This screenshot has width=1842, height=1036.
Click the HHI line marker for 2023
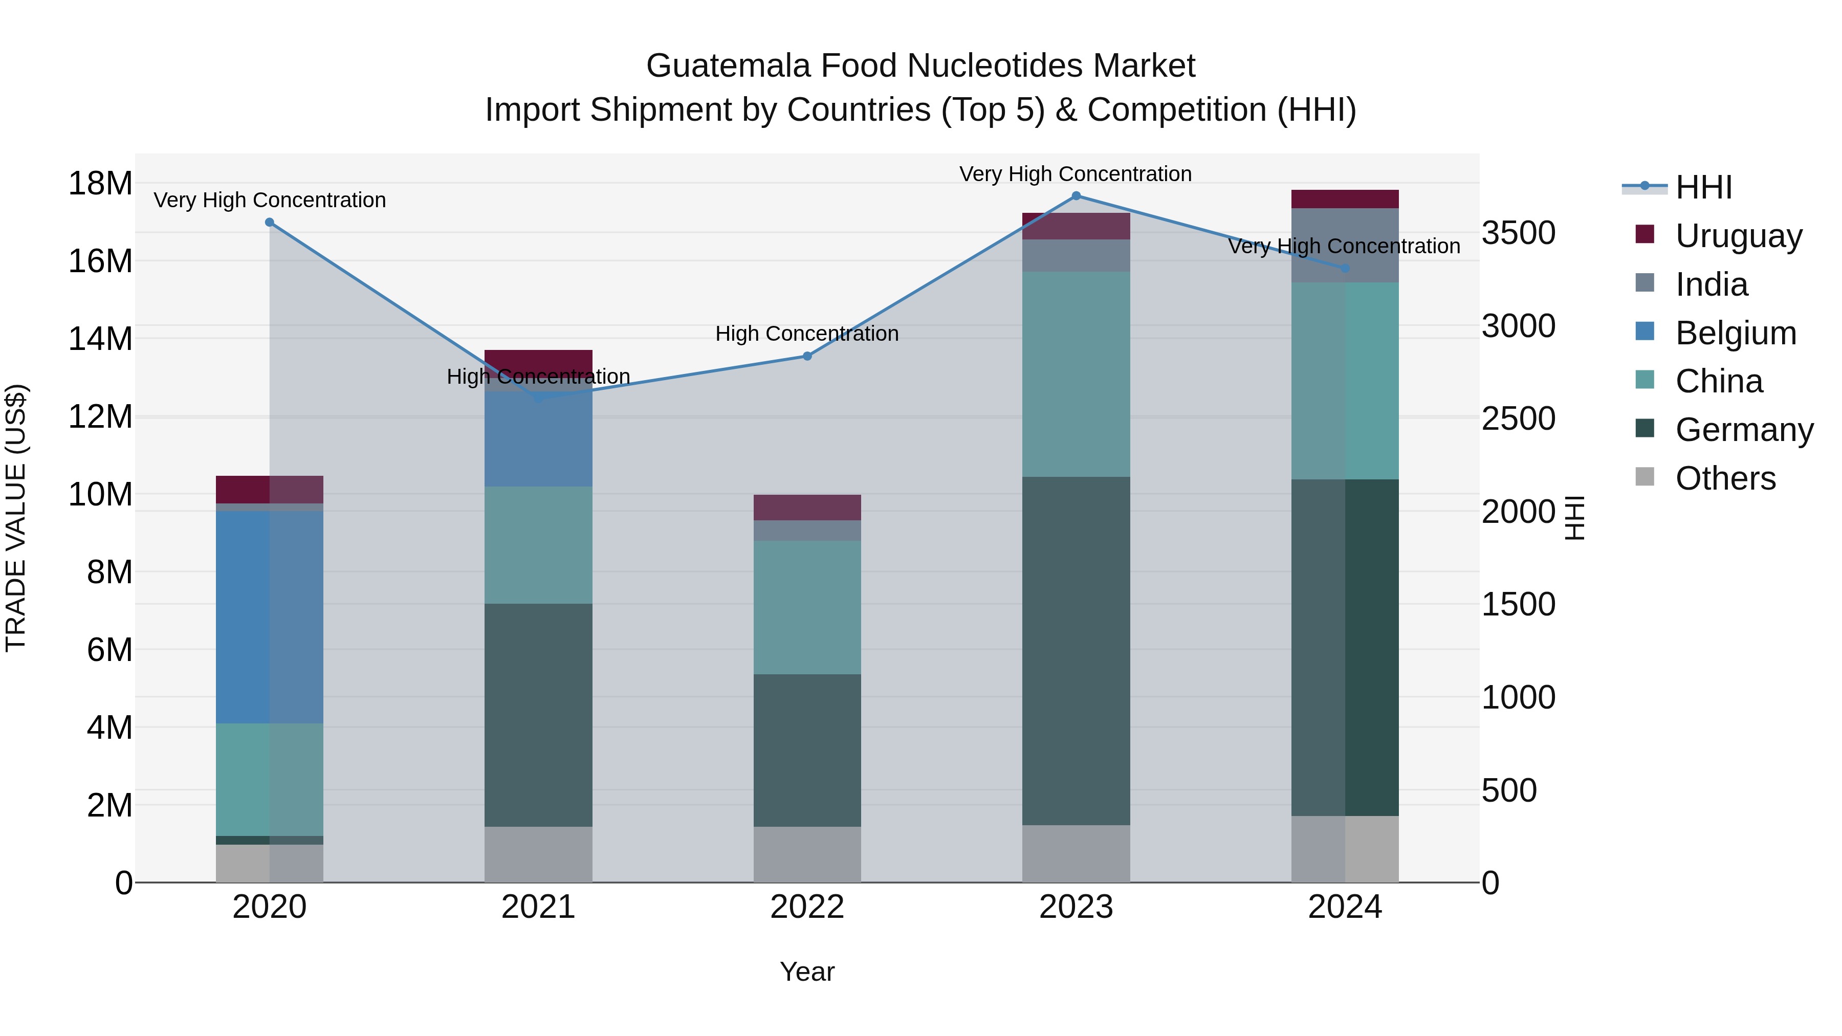1076,196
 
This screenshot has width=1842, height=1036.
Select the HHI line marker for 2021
538,398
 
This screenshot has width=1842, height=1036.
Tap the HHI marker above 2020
270,223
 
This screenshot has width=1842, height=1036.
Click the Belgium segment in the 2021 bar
538,439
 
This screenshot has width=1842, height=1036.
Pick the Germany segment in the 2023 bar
1076,651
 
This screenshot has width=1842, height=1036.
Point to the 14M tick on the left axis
100,339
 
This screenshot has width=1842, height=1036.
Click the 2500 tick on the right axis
1518,419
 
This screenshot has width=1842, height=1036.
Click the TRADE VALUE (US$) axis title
16,518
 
